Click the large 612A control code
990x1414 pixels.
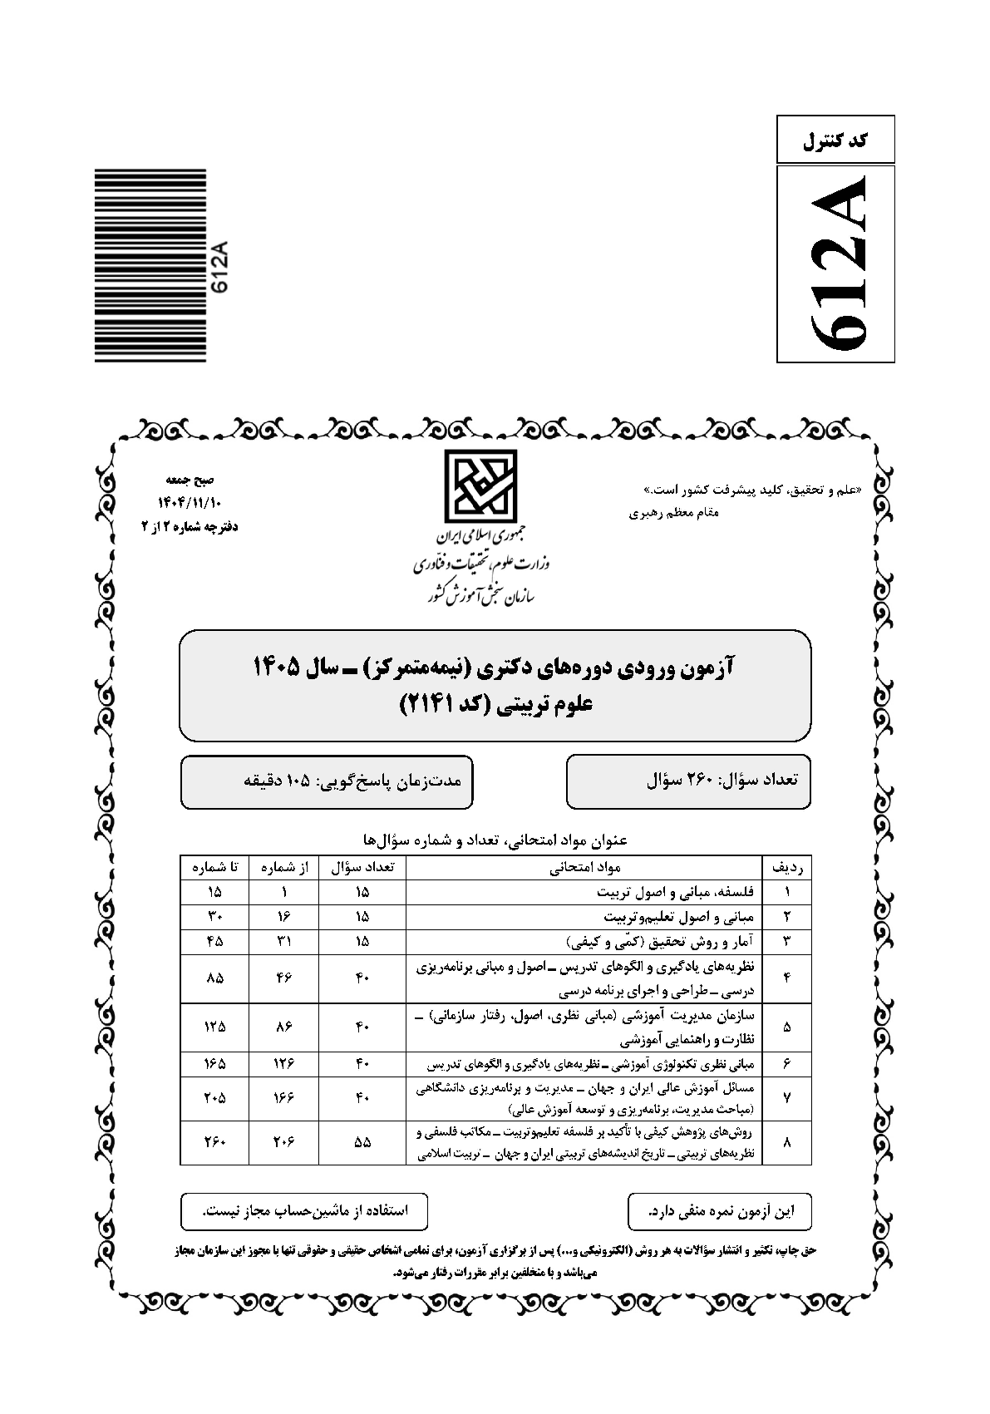click(836, 264)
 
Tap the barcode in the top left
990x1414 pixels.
click(150, 266)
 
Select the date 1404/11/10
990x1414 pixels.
click(190, 504)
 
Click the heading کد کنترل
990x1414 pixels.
click(836, 140)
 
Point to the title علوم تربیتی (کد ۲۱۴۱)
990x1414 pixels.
click(496, 704)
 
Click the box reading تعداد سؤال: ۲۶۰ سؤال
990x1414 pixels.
click(688, 781)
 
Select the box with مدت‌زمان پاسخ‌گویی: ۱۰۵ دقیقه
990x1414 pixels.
click(327, 781)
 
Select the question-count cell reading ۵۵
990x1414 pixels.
click(362, 1142)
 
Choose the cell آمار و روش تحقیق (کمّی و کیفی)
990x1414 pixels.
click(660, 942)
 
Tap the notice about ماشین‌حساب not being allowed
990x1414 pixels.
click(305, 1211)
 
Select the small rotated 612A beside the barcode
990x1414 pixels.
click(219, 267)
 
